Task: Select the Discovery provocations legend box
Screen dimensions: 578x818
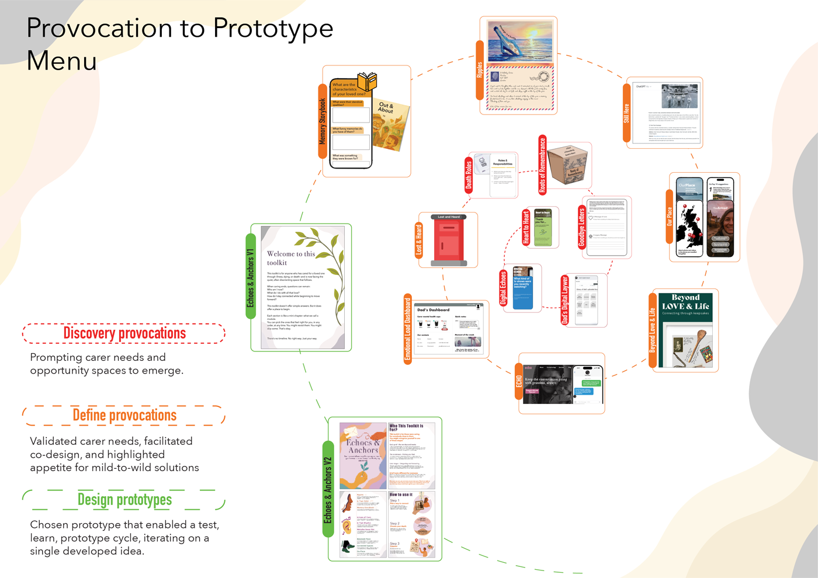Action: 124,333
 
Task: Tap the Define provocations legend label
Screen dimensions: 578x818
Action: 124,415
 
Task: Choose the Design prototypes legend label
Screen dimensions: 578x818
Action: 124,500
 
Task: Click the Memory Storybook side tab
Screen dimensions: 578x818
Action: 323,121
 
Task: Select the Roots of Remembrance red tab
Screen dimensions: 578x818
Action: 542,165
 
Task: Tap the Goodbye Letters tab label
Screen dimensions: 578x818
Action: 581,228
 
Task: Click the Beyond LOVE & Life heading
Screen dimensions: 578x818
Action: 685,302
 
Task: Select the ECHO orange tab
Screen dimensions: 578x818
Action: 519,381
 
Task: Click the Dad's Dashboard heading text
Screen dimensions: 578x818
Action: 434,310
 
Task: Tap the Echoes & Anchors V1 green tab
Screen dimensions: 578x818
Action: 251,278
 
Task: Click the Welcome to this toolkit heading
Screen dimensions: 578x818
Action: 291,258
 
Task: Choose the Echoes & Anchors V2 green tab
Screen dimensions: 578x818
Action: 328,489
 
